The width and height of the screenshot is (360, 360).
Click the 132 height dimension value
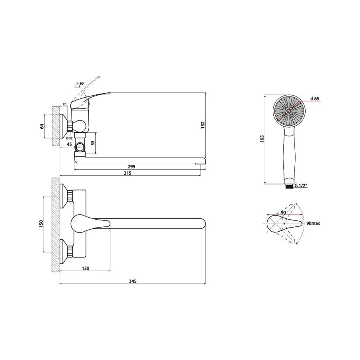(x=203, y=125)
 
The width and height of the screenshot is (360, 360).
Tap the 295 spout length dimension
(x=132, y=166)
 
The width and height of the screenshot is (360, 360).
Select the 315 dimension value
(x=128, y=173)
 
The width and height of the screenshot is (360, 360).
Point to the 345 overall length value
(x=132, y=281)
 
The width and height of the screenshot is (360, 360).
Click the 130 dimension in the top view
(x=86, y=268)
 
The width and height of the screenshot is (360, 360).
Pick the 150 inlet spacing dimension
(x=41, y=224)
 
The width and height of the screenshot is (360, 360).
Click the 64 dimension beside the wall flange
(x=42, y=126)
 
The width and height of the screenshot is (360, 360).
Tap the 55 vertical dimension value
(x=93, y=143)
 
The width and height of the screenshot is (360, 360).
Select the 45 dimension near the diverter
(x=69, y=144)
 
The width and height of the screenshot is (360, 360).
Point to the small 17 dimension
(x=64, y=104)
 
